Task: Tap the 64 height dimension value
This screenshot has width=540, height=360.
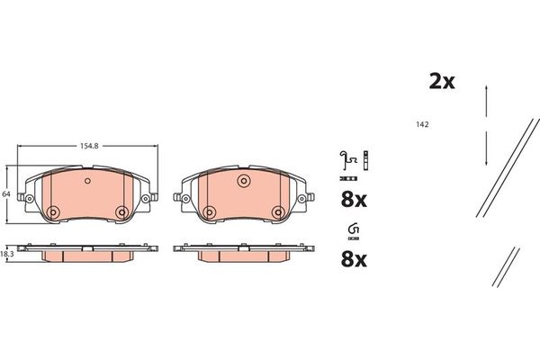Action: [x=5, y=193]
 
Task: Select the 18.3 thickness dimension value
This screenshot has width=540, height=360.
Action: [x=8, y=256]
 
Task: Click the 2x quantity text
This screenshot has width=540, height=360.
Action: [x=441, y=81]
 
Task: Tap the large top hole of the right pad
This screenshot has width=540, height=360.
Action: [x=243, y=183]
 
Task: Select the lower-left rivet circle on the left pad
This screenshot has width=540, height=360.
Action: [x=52, y=212]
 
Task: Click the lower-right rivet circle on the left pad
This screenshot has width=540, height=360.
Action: [x=121, y=212]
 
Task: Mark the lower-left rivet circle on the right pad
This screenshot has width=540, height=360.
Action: [x=209, y=212]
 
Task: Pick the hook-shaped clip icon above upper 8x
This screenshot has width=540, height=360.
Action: [x=346, y=160]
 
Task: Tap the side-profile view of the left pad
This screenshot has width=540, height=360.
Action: [x=86, y=252]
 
